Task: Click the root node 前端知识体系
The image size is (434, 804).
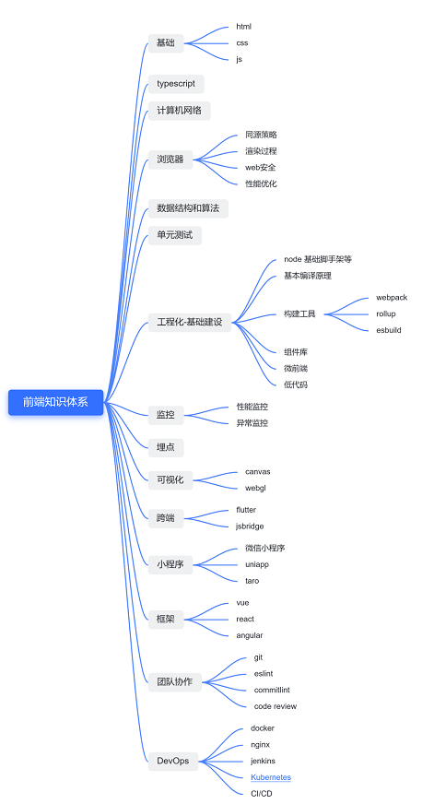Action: [56, 402]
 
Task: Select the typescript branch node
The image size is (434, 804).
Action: [176, 84]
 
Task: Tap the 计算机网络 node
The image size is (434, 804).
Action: [180, 111]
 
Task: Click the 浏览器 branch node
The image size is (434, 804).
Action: [170, 160]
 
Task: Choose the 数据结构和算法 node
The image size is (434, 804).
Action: [188, 208]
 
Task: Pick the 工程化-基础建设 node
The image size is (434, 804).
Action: [190, 322]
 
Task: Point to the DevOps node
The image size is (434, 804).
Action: [173, 761]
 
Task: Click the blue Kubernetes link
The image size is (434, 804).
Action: [271, 777]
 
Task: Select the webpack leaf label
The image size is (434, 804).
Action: [392, 298]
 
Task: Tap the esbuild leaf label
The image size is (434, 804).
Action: [389, 330]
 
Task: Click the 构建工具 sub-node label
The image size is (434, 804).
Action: [299, 313]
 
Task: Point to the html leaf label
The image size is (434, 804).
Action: [244, 27]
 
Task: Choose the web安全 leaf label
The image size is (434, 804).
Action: [260, 167]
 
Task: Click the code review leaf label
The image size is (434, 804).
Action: [276, 706]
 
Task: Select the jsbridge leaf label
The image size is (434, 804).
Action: [250, 526]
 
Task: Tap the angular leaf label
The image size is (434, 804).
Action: [250, 635]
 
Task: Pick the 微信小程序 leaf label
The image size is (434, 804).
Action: [264, 548]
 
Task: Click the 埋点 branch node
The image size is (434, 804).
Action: [166, 447]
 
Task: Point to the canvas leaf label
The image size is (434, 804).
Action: [258, 472]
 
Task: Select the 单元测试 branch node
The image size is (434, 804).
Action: [175, 235]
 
